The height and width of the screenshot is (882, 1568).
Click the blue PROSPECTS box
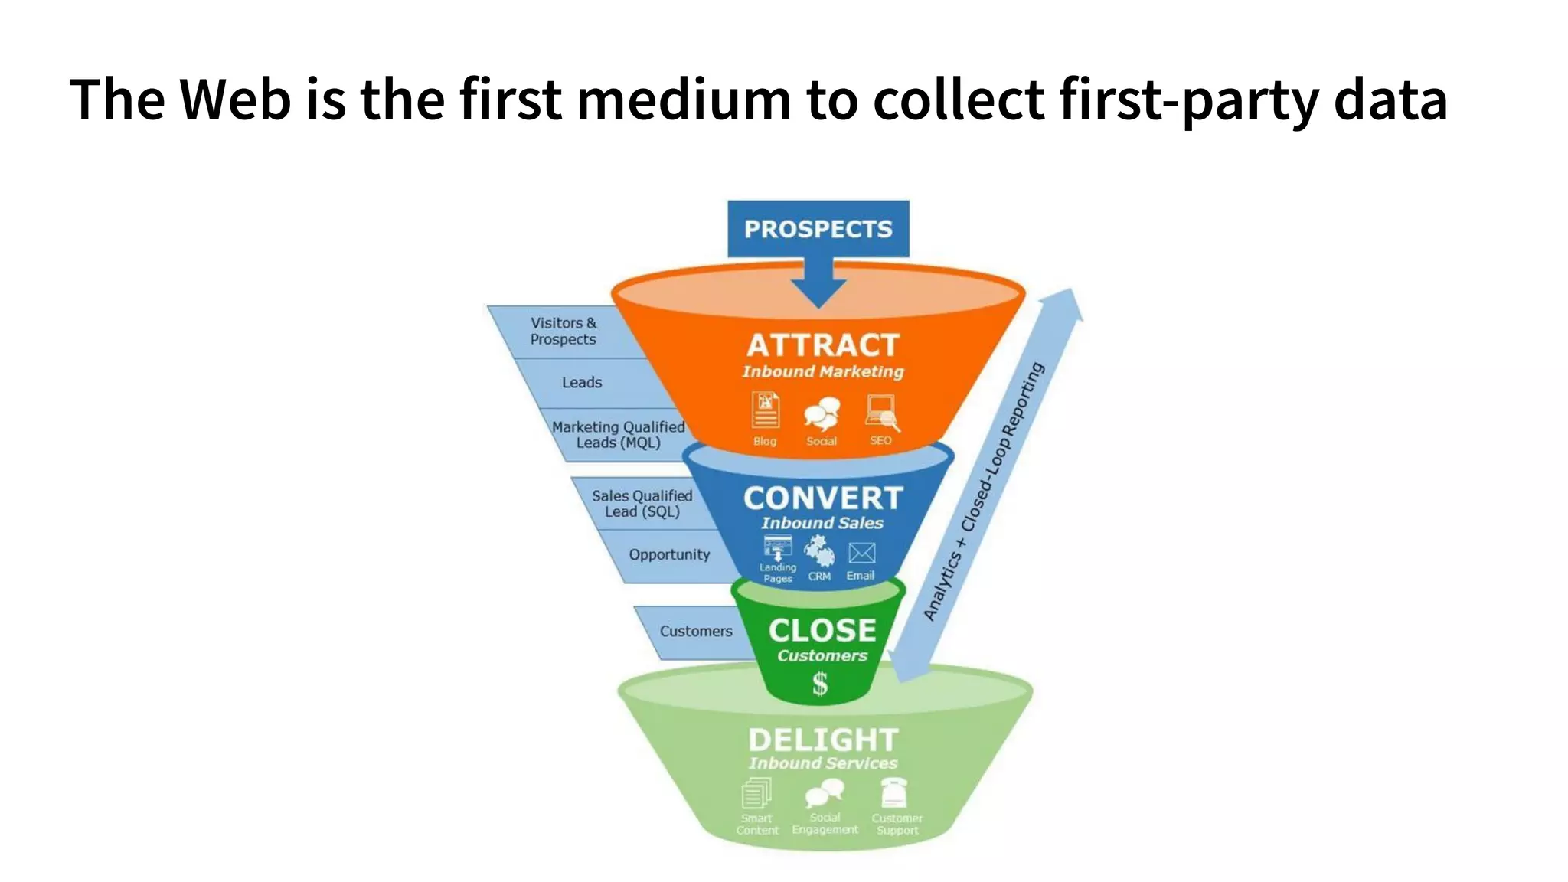[x=818, y=229]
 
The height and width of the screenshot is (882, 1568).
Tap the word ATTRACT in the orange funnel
[x=822, y=345]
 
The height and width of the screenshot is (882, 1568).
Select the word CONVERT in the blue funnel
[x=823, y=498]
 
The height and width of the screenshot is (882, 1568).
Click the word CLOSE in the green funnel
[x=822, y=631]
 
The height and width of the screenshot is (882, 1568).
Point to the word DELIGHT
[x=823, y=740]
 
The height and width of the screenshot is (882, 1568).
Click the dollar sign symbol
[x=820, y=683]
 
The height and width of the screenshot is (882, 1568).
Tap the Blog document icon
[x=765, y=410]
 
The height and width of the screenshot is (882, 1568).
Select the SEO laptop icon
[x=882, y=412]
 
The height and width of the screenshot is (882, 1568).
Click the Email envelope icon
[x=861, y=553]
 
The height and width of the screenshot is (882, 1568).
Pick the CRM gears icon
[x=819, y=550]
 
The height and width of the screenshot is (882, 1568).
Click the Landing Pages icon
[x=778, y=548]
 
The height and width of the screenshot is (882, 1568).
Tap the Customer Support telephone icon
[x=893, y=793]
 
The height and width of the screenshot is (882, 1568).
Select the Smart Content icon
[x=756, y=793]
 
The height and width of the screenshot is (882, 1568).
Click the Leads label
[x=582, y=382]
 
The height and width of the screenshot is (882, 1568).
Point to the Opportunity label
[x=669, y=554]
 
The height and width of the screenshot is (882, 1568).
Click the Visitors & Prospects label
[x=563, y=331]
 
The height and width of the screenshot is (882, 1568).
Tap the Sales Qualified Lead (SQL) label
[x=642, y=504]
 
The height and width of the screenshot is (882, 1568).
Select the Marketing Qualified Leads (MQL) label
[x=618, y=435]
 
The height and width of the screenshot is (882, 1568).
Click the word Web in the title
[x=235, y=100]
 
